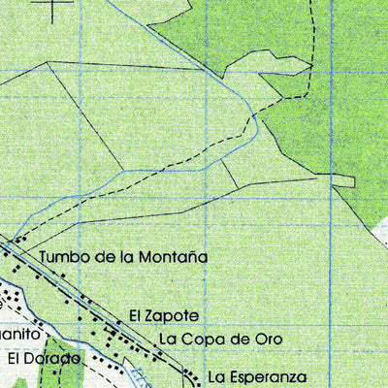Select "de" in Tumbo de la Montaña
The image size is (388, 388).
coord(104,258)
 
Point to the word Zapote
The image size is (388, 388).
coord(175,317)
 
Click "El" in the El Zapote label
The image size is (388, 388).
coord(136,317)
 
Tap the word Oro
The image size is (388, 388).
coord(267,339)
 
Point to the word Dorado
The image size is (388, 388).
coord(53,359)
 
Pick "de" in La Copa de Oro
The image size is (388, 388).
coord(238,339)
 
